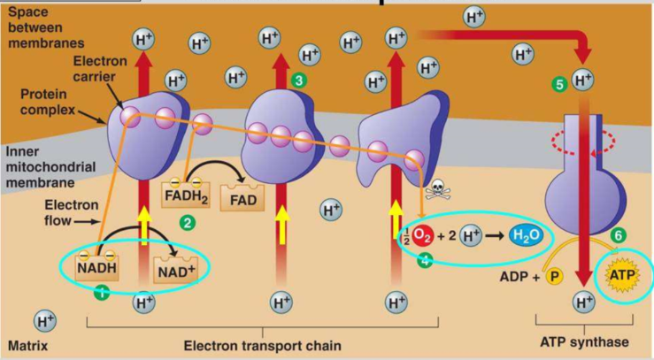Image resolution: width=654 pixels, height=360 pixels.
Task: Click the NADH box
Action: [x=97, y=265]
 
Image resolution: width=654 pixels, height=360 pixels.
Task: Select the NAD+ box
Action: [x=175, y=271]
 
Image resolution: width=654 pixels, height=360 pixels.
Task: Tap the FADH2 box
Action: [x=185, y=193]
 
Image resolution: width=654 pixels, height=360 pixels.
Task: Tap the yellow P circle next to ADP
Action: [x=555, y=277]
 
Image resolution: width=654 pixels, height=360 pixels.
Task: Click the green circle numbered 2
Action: [x=186, y=223]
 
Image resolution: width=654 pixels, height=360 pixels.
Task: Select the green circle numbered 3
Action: [x=299, y=80]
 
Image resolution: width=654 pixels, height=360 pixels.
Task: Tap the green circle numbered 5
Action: [x=558, y=84]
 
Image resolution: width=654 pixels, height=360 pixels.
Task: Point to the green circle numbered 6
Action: [x=619, y=237]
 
